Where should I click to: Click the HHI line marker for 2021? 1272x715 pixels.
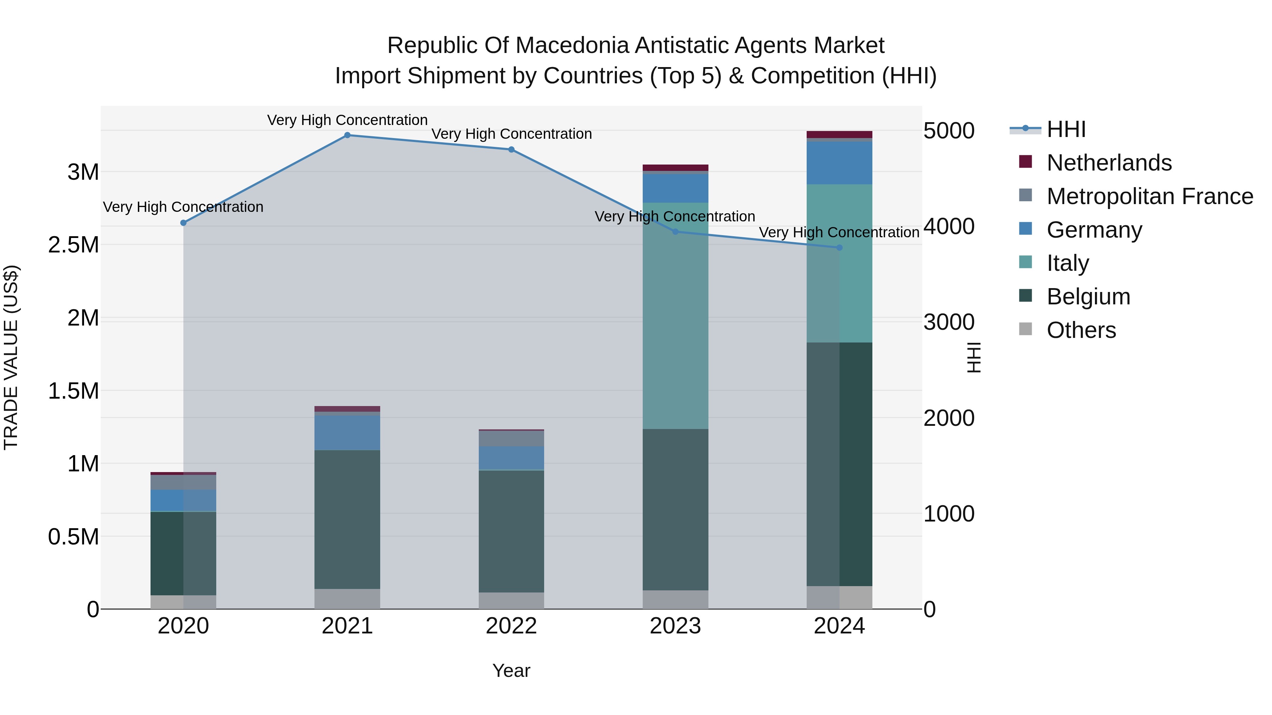tap(347, 135)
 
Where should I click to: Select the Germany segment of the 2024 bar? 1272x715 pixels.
tap(840, 163)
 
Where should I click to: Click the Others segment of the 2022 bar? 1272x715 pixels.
tap(511, 601)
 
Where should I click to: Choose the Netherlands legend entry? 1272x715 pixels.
tap(1108, 163)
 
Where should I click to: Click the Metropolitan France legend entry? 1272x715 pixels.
tap(1149, 196)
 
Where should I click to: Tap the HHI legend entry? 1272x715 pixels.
tap(1066, 129)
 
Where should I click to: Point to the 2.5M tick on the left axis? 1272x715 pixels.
tap(73, 245)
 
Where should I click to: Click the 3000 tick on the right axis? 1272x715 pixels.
tap(949, 322)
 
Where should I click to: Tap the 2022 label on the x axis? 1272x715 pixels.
tap(511, 626)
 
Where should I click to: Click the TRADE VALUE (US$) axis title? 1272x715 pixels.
tap(11, 357)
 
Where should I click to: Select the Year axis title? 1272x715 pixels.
tap(511, 671)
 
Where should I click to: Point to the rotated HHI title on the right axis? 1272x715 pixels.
tap(973, 357)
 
